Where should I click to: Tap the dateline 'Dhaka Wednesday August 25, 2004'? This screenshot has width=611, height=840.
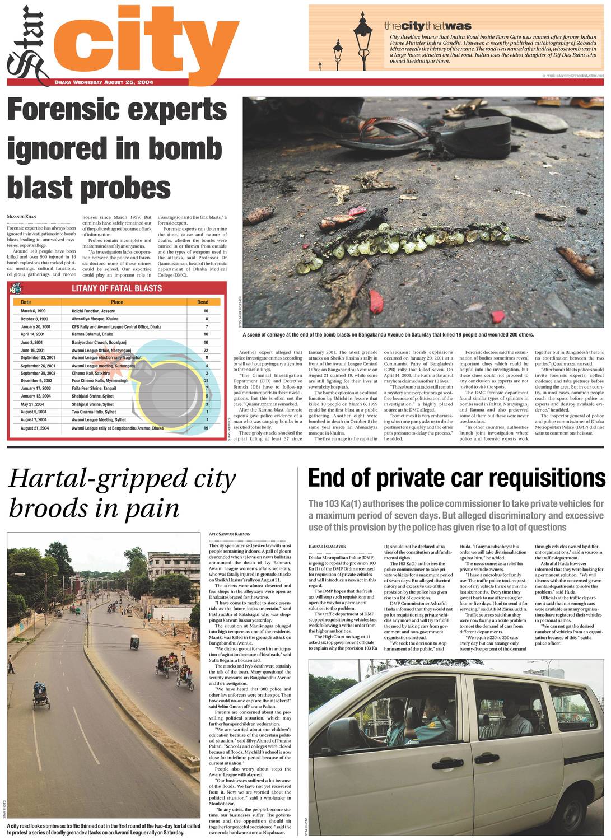[104, 82]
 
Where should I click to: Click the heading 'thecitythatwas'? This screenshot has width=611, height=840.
[427, 26]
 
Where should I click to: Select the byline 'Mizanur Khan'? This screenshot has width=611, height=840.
[21, 216]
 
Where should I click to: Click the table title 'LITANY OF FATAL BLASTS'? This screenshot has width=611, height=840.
[116, 288]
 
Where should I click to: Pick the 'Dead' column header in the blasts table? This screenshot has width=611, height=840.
[203, 302]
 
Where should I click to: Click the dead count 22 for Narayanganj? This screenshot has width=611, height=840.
[206, 350]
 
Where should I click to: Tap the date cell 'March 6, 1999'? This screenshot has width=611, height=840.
[33, 311]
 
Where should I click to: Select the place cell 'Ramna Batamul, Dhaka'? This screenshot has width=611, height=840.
[92, 334]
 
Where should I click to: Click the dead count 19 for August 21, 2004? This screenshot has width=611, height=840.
[206, 428]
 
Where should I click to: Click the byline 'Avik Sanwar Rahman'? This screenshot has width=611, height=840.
[230, 534]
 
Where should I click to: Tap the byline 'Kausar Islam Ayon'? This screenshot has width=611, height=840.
[327, 546]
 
